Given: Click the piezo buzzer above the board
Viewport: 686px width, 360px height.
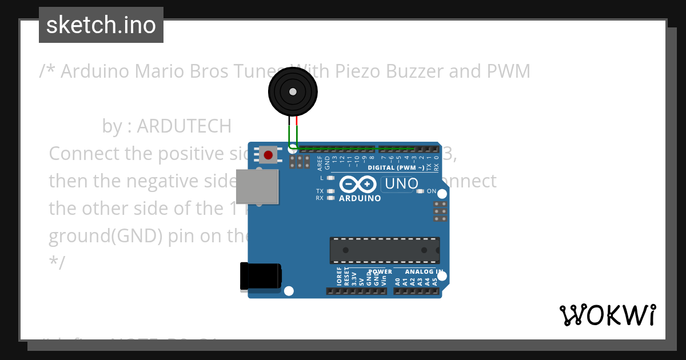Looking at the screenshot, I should tap(293, 91).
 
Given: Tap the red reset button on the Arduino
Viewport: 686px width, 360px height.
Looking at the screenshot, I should tap(268, 154).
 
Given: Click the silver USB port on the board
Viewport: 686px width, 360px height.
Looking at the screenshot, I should tap(257, 186).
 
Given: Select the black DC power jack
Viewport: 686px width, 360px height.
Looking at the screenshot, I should tap(260, 276).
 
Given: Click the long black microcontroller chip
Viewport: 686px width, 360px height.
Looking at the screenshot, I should tap(384, 250).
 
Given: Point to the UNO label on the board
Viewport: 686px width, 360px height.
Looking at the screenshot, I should tap(402, 183).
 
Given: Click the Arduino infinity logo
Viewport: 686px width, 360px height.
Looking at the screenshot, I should tap(357, 185).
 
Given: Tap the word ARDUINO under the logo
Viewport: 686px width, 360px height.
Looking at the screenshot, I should tap(360, 198).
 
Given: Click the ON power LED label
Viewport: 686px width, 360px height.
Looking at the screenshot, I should tap(431, 191).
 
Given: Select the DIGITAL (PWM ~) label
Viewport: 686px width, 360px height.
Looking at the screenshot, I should tap(396, 167).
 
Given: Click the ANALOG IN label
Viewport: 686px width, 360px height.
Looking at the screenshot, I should tap(424, 271).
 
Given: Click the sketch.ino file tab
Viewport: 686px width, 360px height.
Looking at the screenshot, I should tap(101, 25).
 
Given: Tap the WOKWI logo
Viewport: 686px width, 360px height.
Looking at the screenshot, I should tap(608, 315).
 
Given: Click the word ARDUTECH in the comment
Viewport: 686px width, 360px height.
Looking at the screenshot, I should tap(184, 126).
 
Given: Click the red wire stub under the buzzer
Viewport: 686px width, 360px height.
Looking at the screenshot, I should tap(297, 121).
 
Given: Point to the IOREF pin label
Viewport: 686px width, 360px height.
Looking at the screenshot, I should tap(340, 276).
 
